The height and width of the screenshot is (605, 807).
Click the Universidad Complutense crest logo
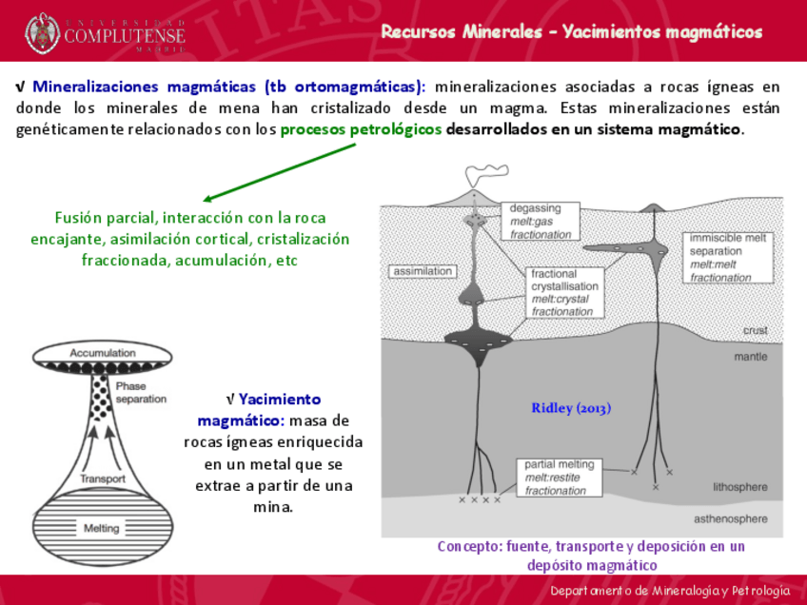tap(43, 33)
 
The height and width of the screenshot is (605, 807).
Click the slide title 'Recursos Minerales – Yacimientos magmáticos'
tap(572, 32)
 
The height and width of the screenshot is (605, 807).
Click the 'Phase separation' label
tap(140, 393)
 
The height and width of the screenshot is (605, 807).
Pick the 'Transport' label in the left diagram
tap(103, 478)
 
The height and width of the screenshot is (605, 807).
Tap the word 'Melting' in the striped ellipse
tap(102, 528)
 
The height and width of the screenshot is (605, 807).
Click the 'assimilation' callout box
tap(423, 271)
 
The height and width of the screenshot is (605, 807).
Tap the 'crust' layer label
tap(755, 330)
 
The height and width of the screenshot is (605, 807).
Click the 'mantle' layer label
tap(751, 358)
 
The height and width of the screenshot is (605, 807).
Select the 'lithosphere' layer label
tap(739, 487)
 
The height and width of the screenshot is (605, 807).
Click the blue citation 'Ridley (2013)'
tap(571, 408)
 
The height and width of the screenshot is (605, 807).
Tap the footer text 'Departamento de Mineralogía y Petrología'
tap(670, 592)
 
